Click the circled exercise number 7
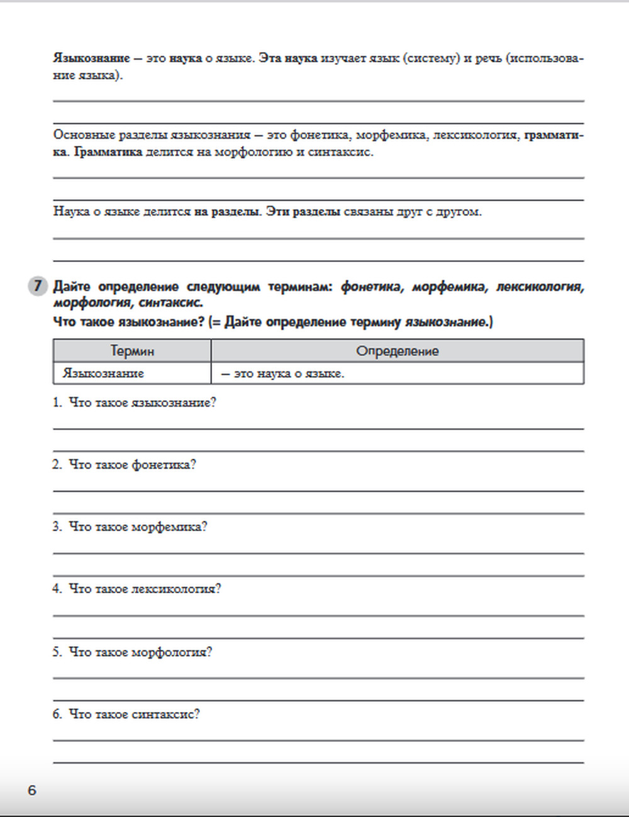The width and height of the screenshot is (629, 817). [x=37, y=287]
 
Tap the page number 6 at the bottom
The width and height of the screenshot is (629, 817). [x=32, y=790]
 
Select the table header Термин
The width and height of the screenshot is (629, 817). [x=132, y=351]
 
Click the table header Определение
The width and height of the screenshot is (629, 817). [x=397, y=351]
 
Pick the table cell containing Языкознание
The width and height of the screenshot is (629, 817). [x=103, y=373]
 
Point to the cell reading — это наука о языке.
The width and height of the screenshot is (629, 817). [x=282, y=373]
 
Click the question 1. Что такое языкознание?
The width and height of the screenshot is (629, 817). [x=135, y=403]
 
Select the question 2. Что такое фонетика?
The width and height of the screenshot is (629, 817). [x=125, y=465]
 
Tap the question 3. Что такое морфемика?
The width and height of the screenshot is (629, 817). [x=130, y=527]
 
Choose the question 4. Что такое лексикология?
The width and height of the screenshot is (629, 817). [x=137, y=589]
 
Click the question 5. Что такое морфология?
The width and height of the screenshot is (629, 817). [x=133, y=652]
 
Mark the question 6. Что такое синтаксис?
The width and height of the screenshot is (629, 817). [x=126, y=714]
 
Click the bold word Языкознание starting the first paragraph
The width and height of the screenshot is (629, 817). [x=91, y=58]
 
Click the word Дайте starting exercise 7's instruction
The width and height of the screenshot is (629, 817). [x=72, y=287]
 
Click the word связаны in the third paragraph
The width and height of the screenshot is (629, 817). [x=368, y=212]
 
